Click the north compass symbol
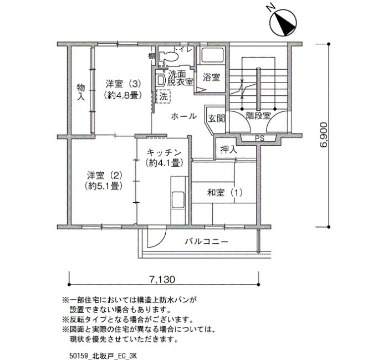coord(284,23)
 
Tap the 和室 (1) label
coord(224,193)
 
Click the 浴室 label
coord(211,78)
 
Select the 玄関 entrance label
coord(217,119)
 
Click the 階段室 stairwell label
coord(258,115)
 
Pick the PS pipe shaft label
coord(259,138)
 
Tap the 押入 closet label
coord(228,150)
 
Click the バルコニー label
coord(207,241)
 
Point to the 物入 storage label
coord(81,92)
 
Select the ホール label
coord(184,116)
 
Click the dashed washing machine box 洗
coord(164,96)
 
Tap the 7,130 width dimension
coord(162,280)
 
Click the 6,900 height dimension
coord(324,135)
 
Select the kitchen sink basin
coord(178,200)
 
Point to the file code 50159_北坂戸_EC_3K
coord(103,356)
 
